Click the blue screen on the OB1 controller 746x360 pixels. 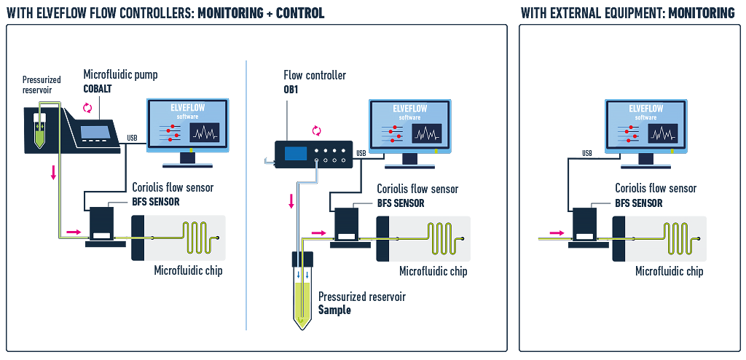[296, 154]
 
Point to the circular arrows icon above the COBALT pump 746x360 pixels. [87, 108]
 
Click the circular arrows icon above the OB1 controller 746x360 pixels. [316, 130]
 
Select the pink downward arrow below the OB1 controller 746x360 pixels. [291, 200]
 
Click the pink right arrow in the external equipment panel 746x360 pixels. [557, 232]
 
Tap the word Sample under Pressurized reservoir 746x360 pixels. [334, 310]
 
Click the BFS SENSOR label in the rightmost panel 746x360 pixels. [639, 203]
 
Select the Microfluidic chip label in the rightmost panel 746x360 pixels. [670, 271]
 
